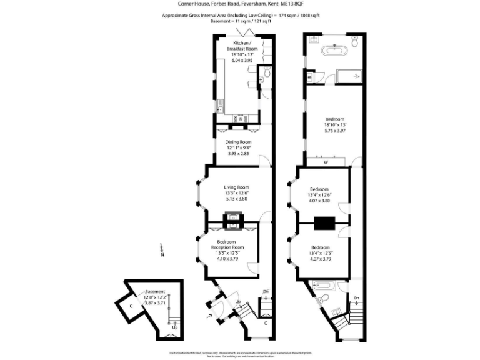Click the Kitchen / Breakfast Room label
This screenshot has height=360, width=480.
tap(241, 46)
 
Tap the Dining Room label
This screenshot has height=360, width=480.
tap(237, 142)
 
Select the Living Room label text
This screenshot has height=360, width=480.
tap(237, 187)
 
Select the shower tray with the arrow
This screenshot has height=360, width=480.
tap(349, 76)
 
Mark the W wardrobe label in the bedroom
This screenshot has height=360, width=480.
tap(326, 162)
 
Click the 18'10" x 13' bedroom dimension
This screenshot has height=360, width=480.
tap(335, 125)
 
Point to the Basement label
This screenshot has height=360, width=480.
tap(155, 291)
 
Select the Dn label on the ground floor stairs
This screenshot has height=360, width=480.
tap(266, 292)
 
